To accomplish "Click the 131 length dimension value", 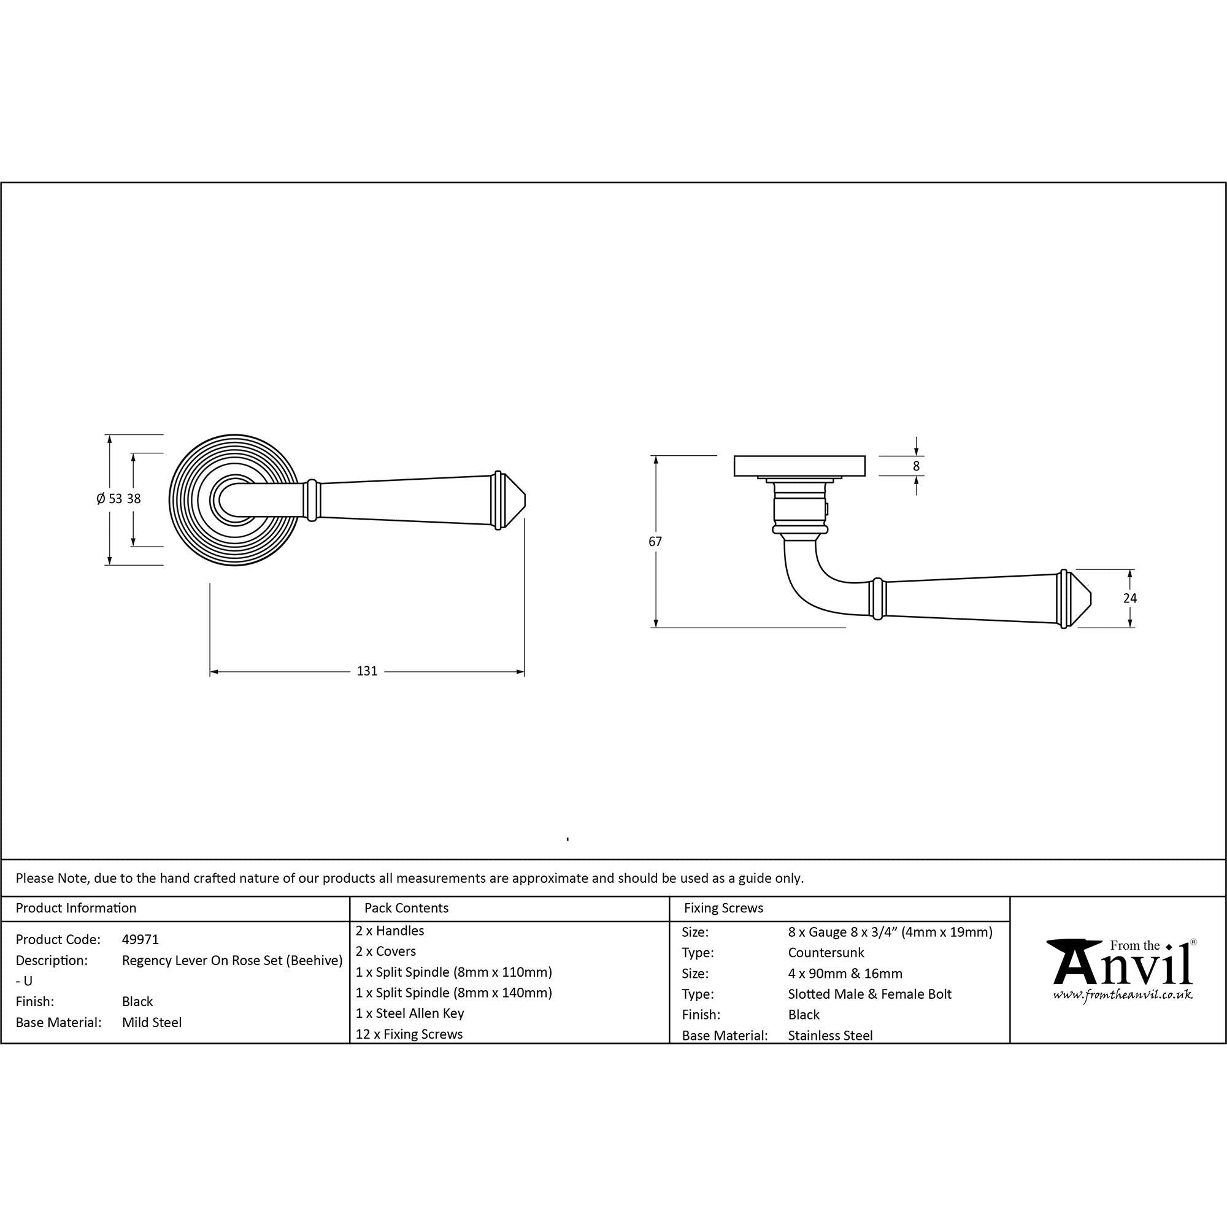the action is point(367,671).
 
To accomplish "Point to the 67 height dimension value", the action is point(655,542).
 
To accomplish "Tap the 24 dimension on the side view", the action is point(1130,598).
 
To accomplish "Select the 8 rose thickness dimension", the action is point(916,466).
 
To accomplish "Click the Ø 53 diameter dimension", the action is point(109,499).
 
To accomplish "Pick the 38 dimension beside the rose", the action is point(133,499).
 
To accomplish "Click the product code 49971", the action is point(140,939).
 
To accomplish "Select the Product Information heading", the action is point(75,908).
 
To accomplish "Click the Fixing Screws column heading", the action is point(723,908).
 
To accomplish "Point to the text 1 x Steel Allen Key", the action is point(410,1013).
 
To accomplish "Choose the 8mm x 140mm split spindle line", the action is point(453,993).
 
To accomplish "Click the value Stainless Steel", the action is point(830,1035).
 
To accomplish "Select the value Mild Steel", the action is point(152,1023).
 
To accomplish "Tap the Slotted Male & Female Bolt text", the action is point(869,994).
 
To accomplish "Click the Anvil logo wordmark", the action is point(1122,964).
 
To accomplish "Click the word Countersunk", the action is point(826,953).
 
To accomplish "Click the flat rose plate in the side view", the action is point(799,466).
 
